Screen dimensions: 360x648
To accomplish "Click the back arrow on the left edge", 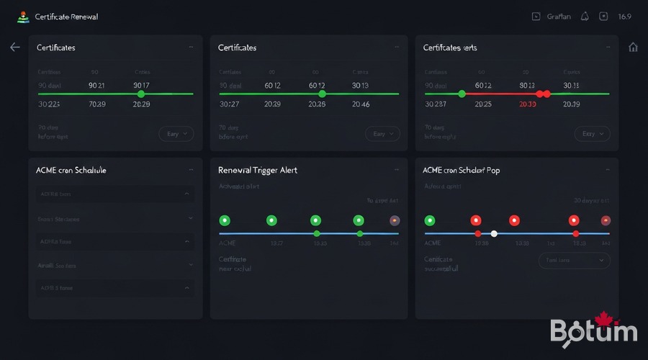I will [15, 47].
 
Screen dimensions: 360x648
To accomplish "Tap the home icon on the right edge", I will [633, 47].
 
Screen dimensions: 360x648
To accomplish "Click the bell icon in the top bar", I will [585, 17].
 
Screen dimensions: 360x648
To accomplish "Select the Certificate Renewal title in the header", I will [66, 17].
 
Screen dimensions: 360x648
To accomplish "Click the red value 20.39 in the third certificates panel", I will [528, 104].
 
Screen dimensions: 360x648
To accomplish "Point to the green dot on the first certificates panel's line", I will [141, 94].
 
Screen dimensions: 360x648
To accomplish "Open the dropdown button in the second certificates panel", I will [384, 134].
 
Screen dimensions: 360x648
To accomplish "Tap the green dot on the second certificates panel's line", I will [322, 94].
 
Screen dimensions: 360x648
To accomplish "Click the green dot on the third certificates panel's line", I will [462, 94].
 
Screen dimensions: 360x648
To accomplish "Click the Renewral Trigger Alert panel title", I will [258, 170].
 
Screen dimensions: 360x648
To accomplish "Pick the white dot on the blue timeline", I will [494, 233].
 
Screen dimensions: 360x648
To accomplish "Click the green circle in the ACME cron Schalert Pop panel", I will [430, 220].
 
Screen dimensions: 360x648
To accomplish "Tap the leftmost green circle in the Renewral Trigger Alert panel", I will [224, 220].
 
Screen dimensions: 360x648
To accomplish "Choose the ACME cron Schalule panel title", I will [71, 170].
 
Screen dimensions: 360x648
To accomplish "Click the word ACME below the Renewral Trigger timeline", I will [227, 243].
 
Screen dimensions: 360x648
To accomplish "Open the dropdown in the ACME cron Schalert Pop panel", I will [574, 260].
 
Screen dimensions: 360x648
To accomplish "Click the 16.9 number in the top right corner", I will [624, 17].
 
